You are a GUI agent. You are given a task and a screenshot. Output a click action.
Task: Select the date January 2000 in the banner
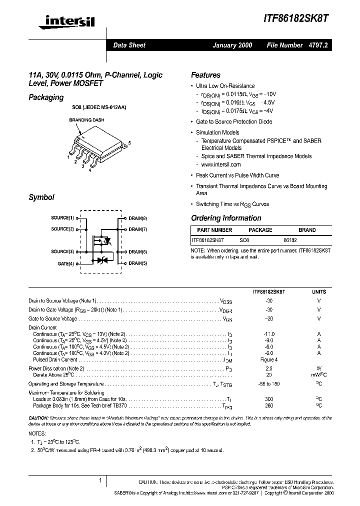(232, 45)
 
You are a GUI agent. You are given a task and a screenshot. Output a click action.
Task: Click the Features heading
(205, 75)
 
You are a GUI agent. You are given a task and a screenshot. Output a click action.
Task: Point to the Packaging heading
(46, 97)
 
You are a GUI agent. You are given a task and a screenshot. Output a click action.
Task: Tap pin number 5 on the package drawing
(129, 143)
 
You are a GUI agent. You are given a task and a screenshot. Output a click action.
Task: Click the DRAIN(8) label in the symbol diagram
(137, 218)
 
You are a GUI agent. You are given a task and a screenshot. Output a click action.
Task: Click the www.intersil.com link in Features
(221, 164)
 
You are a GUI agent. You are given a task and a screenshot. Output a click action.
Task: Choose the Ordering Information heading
(226, 218)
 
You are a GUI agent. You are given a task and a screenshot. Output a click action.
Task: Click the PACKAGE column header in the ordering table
(260, 230)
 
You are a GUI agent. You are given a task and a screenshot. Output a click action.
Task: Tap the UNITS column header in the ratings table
(319, 291)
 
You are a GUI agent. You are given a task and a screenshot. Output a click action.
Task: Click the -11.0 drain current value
(269, 333)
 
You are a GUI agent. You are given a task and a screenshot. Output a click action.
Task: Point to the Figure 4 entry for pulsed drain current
(269, 359)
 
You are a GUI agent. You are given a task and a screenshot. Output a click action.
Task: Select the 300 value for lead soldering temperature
(269, 399)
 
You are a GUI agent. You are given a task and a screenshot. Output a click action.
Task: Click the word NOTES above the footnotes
(37, 434)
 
